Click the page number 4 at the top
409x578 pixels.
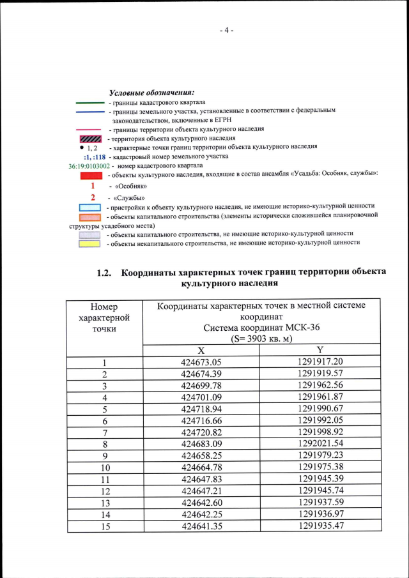click(226, 30)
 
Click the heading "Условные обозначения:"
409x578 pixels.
click(151, 93)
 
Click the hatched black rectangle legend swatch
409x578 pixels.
click(91, 139)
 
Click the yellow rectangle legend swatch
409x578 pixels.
click(91, 243)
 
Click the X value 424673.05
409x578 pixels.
click(201, 362)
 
